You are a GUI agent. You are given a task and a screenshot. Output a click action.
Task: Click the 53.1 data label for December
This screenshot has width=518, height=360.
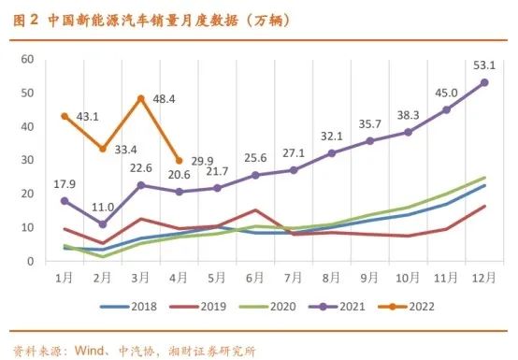(x=483, y=63)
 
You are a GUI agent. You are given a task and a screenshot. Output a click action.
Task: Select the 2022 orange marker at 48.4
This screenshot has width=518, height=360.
(x=140, y=98)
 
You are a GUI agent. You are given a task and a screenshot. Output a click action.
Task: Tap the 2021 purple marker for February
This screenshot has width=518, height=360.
(x=103, y=224)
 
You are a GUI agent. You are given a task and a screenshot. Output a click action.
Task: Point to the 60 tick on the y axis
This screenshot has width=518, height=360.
(x=27, y=59)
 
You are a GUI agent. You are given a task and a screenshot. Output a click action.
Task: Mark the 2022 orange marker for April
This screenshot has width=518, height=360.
(x=179, y=160)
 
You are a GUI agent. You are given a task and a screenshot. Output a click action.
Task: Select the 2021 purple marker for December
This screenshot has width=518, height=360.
(x=484, y=82)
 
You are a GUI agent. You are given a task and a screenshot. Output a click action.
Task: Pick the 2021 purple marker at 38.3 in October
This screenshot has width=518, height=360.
(x=408, y=132)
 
